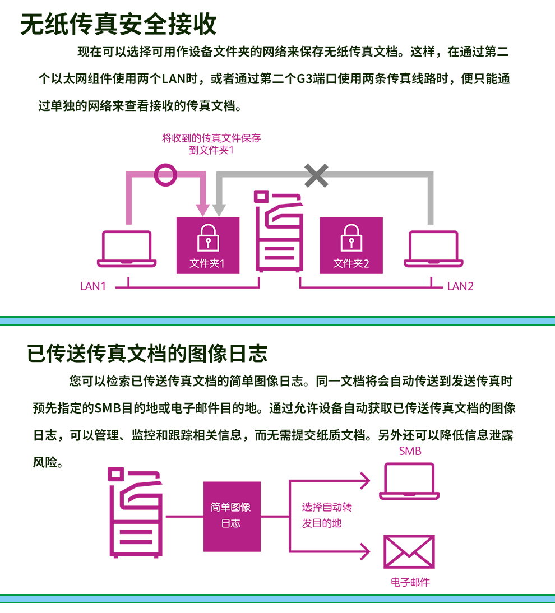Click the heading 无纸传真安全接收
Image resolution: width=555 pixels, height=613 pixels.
[x=118, y=24]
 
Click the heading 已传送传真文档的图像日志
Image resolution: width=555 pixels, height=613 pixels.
[x=147, y=354]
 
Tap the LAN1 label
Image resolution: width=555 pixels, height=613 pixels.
[x=93, y=286]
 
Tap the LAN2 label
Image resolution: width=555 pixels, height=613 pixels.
[x=460, y=286]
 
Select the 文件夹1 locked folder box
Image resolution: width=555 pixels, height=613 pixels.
[x=208, y=245]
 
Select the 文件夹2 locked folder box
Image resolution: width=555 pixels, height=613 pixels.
[x=351, y=245]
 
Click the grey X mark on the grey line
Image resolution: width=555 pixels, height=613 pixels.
[x=316, y=175]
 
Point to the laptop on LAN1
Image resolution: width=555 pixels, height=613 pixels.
[x=127, y=249]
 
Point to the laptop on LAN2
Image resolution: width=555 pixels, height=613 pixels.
[x=433, y=249]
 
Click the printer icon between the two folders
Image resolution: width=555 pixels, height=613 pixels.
[x=279, y=231]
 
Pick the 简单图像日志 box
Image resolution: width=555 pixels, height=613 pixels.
[x=232, y=517]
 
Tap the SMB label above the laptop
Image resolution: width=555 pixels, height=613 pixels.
[x=410, y=451]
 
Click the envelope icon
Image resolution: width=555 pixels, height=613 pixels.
[x=409, y=551]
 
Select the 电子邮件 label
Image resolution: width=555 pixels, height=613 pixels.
[x=410, y=582]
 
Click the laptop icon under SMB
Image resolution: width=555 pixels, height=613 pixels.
[x=409, y=481]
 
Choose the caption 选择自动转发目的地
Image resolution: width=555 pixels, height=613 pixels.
[x=327, y=515]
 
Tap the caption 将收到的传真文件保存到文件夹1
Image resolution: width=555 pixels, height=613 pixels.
[x=211, y=144]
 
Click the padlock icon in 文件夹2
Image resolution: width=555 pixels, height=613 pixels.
[x=351, y=238]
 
